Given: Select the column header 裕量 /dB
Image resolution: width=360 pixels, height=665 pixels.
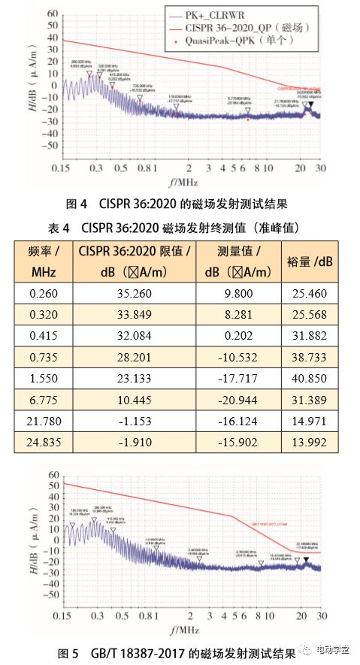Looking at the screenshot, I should coord(310,261).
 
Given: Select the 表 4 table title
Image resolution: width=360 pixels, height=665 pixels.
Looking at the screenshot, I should coord(180,227).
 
